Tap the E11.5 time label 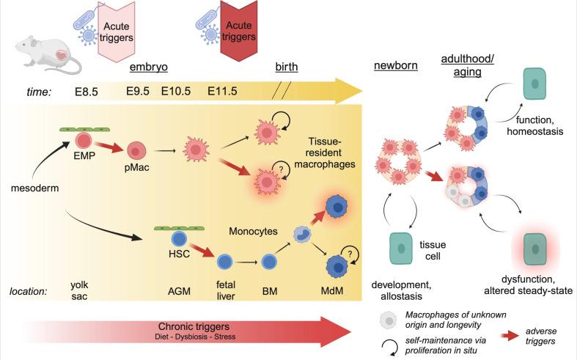223,92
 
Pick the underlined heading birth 286,67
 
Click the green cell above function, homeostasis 537,85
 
